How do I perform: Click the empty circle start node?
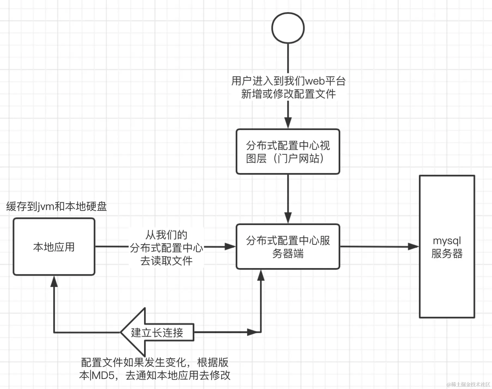[288, 28]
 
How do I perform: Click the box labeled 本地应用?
[54, 247]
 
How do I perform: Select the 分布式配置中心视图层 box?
[288, 152]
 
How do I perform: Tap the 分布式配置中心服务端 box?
[288, 247]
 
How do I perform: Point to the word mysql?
[447, 241]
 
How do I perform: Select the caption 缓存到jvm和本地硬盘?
[56, 206]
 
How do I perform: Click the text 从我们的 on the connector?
[166, 235]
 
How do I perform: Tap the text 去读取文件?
[166, 261]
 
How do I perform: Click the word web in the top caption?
[315, 81]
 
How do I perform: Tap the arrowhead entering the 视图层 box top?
[288, 123]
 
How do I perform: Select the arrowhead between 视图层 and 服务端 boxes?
[288, 218]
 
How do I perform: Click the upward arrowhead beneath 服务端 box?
[261, 275]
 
